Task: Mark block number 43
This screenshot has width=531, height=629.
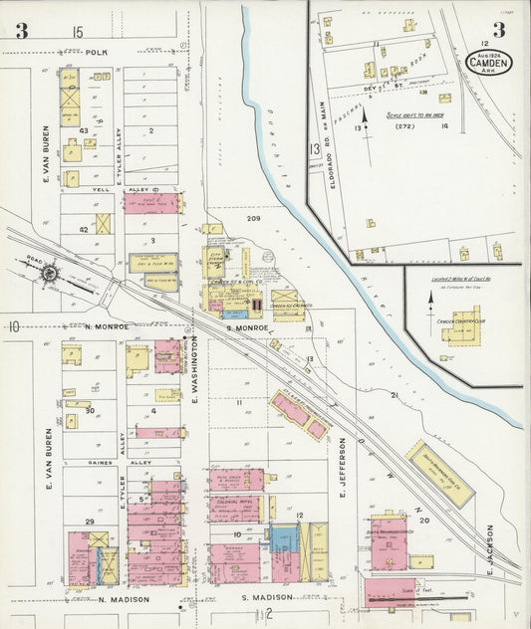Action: point(85,130)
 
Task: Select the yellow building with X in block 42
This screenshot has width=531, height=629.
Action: point(103,224)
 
